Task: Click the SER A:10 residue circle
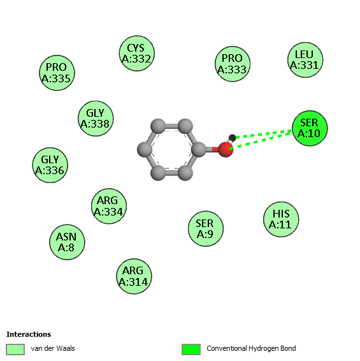pyautogui.click(x=310, y=128)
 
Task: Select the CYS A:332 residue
pyautogui.click(x=136, y=54)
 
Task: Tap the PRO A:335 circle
pyautogui.click(x=57, y=73)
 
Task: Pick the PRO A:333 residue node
pyautogui.click(x=233, y=64)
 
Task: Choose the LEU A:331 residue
pyautogui.click(x=305, y=60)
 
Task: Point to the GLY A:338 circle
pyautogui.click(x=96, y=119)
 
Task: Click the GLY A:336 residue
pyautogui.click(x=50, y=165)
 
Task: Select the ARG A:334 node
pyautogui.click(x=109, y=206)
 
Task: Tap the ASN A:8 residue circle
pyautogui.click(x=67, y=242)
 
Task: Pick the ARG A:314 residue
pyautogui.click(x=134, y=276)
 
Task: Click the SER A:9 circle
pyautogui.click(x=205, y=228)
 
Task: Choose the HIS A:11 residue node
pyautogui.click(x=281, y=219)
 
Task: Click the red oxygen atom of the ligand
pyautogui.click(x=226, y=150)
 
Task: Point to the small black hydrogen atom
pyautogui.click(x=233, y=138)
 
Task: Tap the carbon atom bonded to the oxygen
pyautogui.click(x=199, y=150)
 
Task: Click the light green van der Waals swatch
pyautogui.click(x=15, y=350)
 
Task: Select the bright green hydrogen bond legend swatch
pyautogui.click(x=191, y=350)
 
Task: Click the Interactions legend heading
pyautogui.click(x=29, y=334)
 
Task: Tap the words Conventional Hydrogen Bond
pyautogui.click(x=251, y=348)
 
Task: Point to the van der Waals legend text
pyautogui.click(x=53, y=348)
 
